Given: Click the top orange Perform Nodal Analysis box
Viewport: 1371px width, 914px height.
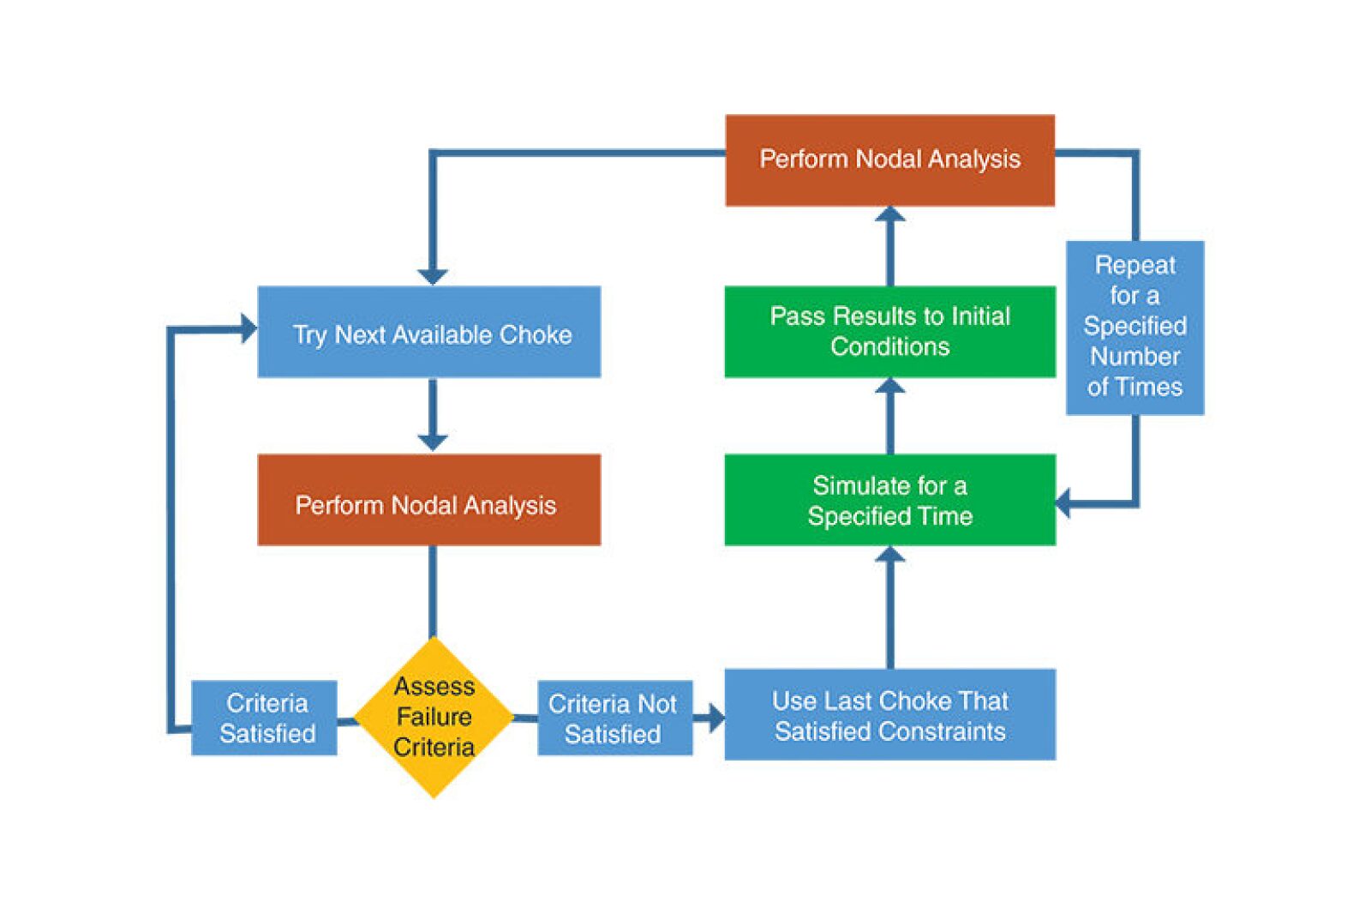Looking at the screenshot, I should [x=889, y=160].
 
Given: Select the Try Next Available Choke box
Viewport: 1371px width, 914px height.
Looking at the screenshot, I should [x=428, y=332].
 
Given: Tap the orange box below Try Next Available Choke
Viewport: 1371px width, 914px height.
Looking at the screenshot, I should [x=428, y=500].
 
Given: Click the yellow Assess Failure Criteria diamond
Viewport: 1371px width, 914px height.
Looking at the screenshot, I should [x=434, y=717].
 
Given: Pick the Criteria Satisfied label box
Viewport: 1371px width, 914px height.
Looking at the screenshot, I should [x=264, y=718].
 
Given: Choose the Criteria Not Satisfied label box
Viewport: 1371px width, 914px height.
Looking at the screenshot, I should [x=614, y=719].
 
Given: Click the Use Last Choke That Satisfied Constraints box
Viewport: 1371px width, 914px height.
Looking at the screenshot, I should [x=889, y=714].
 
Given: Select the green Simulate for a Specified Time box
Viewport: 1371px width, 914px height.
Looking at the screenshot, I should [x=889, y=500].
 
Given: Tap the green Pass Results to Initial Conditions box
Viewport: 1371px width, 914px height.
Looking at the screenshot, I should [x=889, y=332].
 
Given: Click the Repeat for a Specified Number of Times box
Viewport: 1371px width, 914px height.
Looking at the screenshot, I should [x=1135, y=328].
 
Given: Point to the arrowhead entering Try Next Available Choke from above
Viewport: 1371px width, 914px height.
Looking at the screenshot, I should [x=433, y=276].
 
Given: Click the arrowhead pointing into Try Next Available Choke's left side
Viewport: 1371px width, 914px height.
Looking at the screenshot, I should [x=248, y=328].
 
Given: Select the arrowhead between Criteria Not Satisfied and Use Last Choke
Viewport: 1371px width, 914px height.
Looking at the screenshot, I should [x=715, y=717].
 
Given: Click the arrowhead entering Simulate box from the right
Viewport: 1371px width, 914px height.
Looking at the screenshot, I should [x=1064, y=502].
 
